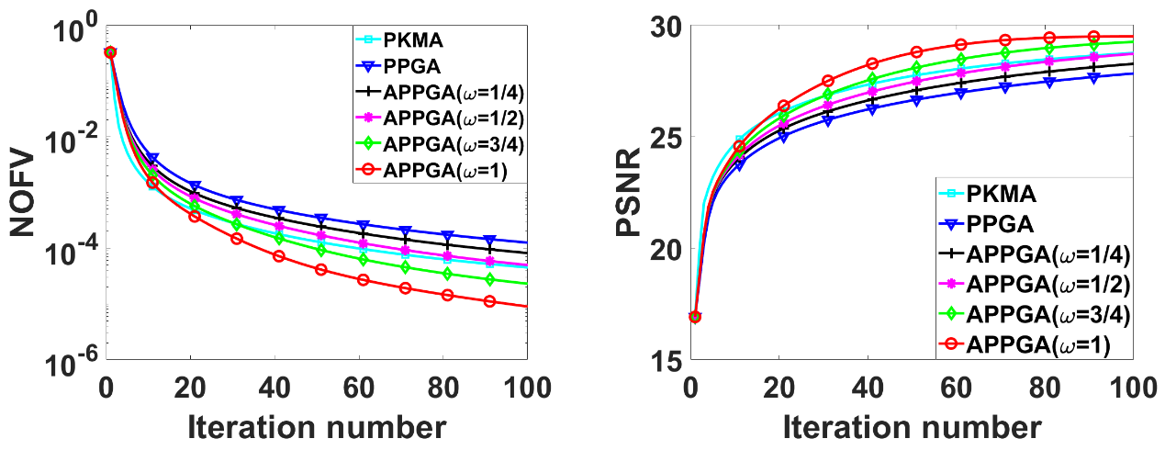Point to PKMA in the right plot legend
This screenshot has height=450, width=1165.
point(1000,196)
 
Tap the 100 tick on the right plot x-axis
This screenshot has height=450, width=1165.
point(1132,385)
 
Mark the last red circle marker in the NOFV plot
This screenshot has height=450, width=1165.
point(489,301)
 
